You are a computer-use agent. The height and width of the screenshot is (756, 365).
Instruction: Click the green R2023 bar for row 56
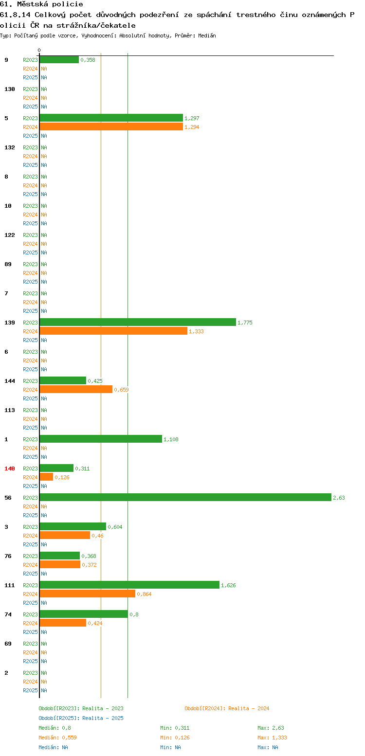[185, 497]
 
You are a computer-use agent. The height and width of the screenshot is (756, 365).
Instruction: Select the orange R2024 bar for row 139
[113, 331]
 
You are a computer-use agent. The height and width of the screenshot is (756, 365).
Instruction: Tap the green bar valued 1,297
[111, 118]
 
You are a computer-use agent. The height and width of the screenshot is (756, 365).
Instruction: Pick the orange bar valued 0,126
[46, 477]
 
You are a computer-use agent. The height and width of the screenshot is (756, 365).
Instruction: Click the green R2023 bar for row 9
[59, 59]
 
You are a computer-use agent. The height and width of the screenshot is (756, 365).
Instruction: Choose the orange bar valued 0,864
[88, 594]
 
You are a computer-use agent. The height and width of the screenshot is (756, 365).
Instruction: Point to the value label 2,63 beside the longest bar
[339, 498]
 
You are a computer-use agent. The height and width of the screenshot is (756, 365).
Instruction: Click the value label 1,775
[245, 323]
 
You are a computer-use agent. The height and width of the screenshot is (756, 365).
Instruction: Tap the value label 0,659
[121, 390]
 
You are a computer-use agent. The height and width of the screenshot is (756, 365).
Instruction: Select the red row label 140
[9, 468]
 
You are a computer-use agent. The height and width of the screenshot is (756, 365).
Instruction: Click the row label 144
[9, 381]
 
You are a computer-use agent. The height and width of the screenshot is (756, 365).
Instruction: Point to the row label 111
[9, 585]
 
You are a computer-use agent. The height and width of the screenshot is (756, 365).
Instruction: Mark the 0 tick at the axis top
[39, 50]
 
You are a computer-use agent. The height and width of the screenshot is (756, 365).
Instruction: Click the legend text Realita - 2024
[249, 708]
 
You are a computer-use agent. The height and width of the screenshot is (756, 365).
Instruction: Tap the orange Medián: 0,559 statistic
[57, 738]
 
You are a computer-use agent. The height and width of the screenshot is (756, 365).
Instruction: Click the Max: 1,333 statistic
[272, 738]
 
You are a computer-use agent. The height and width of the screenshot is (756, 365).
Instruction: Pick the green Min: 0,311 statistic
[175, 728]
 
